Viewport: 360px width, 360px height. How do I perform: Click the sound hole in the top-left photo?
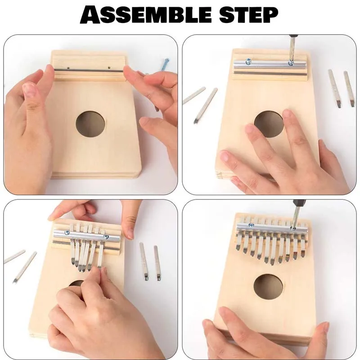tap(90, 124)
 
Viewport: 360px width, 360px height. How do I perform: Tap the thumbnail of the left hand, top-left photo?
tap(30, 90)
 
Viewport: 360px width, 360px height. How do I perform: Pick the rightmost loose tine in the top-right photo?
tap(349, 89)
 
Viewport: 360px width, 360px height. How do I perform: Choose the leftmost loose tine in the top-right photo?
tap(193, 95)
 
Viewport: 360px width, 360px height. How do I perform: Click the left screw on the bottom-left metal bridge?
tap(67, 233)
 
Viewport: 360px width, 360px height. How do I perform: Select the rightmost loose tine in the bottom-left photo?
tap(157, 263)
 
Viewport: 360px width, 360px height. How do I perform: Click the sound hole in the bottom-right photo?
tap(268, 287)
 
